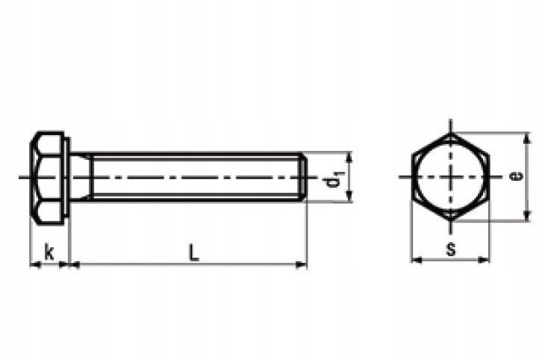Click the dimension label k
tap(49, 252)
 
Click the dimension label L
tap(193, 252)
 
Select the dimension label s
tap(451, 249)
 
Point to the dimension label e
tap(515, 176)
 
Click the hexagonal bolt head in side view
tap(48, 177)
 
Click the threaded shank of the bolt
tap(194, 177)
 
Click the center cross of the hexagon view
tap(451, 177)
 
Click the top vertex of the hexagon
tap(451, 134)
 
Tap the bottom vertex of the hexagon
tap(451, 220)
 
